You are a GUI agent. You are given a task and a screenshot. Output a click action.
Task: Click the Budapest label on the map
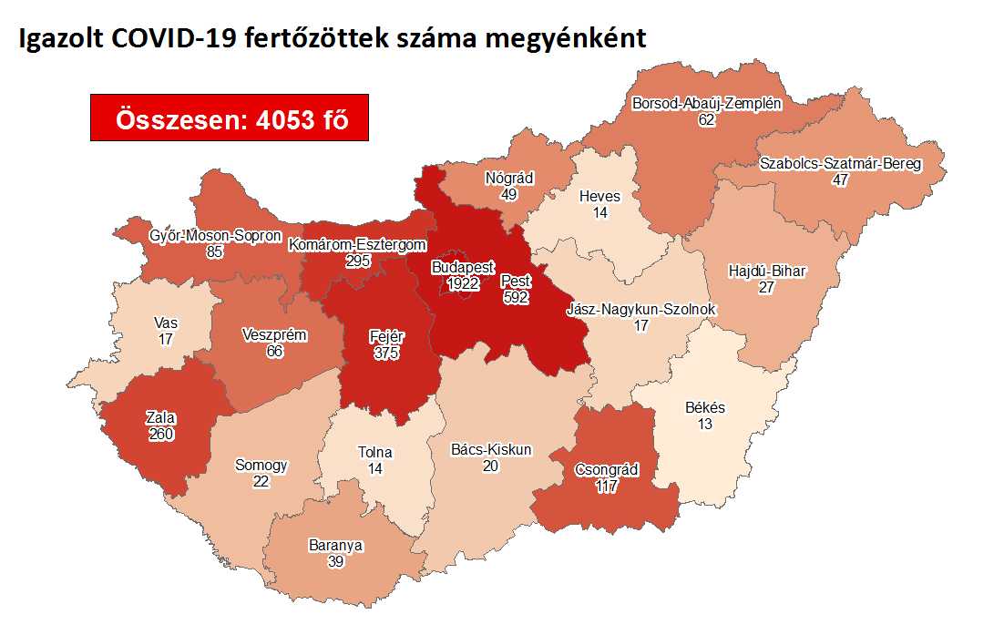click(x=463, y=269)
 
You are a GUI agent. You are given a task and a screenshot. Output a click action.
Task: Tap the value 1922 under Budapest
click(x=463, y=284)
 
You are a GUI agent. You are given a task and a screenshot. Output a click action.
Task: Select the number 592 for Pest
click(x=516, y=296)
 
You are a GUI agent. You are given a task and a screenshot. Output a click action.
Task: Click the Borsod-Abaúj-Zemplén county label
click(x=707, y=104)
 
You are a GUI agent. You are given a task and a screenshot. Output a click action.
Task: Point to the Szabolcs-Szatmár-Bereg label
click(x=840, y=165)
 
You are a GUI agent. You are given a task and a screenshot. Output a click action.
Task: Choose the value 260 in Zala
click(x=159, y=434)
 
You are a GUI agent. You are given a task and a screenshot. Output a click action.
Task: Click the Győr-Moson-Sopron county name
click(x=215, y=237)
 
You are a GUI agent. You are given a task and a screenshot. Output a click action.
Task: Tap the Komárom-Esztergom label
click(x=357, y=245)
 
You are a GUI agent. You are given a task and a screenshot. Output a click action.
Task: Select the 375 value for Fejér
click(x=387, y=353)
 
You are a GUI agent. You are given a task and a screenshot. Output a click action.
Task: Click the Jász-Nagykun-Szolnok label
click(x=641, y=310)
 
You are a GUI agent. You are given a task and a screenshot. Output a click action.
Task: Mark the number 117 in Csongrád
click(x=606, y=487)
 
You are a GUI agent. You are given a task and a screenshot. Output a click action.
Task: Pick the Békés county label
click(x=705, y=408)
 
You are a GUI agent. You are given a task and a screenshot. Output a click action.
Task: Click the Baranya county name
click(x=335, y=546)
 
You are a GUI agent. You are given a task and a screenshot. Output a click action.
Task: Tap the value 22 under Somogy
click(x=261, y=481)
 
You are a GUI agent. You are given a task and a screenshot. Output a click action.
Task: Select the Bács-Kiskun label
click(x=491, y=450)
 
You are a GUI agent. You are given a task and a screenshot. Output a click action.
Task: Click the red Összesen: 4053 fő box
click(x=229, y=118)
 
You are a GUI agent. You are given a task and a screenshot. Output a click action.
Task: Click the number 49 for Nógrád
click(x=508, y=194)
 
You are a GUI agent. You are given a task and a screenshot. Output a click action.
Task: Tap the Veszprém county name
click(x=274, y=335)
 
